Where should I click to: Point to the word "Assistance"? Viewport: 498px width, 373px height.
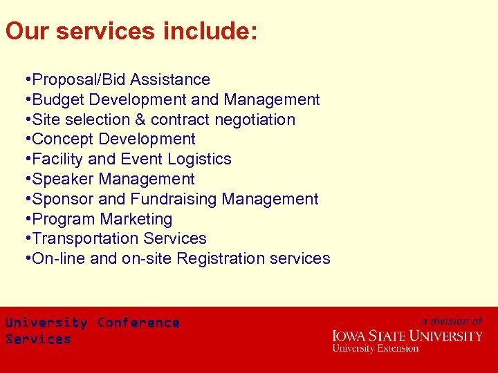(x=170, y=80)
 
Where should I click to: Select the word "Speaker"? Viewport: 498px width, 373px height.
(x=63, y=180)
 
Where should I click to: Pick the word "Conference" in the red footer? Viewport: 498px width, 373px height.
(x=138, y=323)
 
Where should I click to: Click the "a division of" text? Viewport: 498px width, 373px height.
(x=452, y=321)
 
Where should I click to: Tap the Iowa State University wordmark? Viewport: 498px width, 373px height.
(x=407, y=336)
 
